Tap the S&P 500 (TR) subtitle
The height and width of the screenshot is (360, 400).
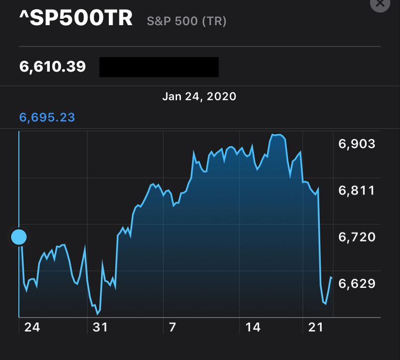click(187, 21)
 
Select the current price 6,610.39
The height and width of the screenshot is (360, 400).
click(53, 66)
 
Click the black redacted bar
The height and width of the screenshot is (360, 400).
click(159, 67)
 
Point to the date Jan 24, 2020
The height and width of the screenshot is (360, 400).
click(199, 96)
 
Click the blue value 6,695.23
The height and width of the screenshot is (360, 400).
click(47, 117)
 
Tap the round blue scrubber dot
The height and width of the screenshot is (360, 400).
click(19, 237)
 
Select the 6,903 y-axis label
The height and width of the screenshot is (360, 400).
click(357, 143)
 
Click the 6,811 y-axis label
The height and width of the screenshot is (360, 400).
click(357, 190)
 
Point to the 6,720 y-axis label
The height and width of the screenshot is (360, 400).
click(357, 237)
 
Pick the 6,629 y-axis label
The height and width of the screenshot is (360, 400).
click(357, 283)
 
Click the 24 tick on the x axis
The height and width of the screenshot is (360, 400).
click(32, 328)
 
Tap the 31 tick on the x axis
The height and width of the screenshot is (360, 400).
click(100, 328)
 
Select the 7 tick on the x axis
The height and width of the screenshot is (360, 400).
click(172, 328)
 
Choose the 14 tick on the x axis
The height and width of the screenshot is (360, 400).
click(253, 328)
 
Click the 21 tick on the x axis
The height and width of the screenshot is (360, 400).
click(315, 328)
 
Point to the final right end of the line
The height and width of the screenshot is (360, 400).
click(331, 277)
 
